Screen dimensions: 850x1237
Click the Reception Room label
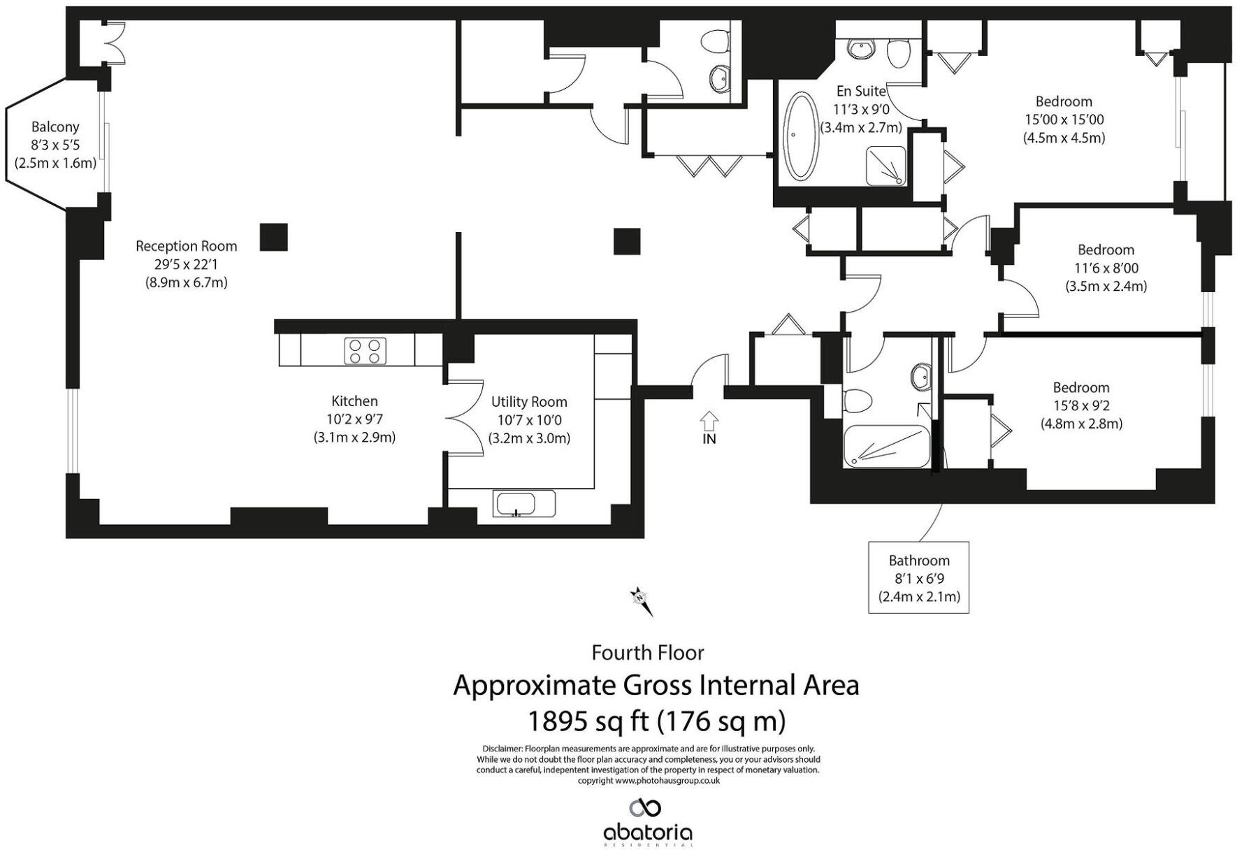click(186, 246)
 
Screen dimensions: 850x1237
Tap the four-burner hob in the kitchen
click(366, 350)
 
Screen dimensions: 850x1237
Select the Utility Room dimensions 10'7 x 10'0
click(529, 420)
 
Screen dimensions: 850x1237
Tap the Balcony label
click(55, 127)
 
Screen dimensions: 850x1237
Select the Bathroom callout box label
click(918, 561)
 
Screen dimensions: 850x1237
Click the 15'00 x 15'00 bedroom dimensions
click(1064, 120)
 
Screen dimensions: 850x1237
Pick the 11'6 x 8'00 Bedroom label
click(1106, 250)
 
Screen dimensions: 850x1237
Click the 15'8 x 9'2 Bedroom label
click(1080, 387)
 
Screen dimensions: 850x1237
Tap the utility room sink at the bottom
click(516, 503)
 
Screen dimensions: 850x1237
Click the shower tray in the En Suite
click(885, 166)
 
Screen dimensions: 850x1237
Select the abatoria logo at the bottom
click(647, 821)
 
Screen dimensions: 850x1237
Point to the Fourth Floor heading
click(647, 652)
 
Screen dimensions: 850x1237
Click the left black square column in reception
click(273, 237)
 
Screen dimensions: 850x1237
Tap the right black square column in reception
click(627, 241)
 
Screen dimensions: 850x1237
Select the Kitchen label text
click(354, 401)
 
